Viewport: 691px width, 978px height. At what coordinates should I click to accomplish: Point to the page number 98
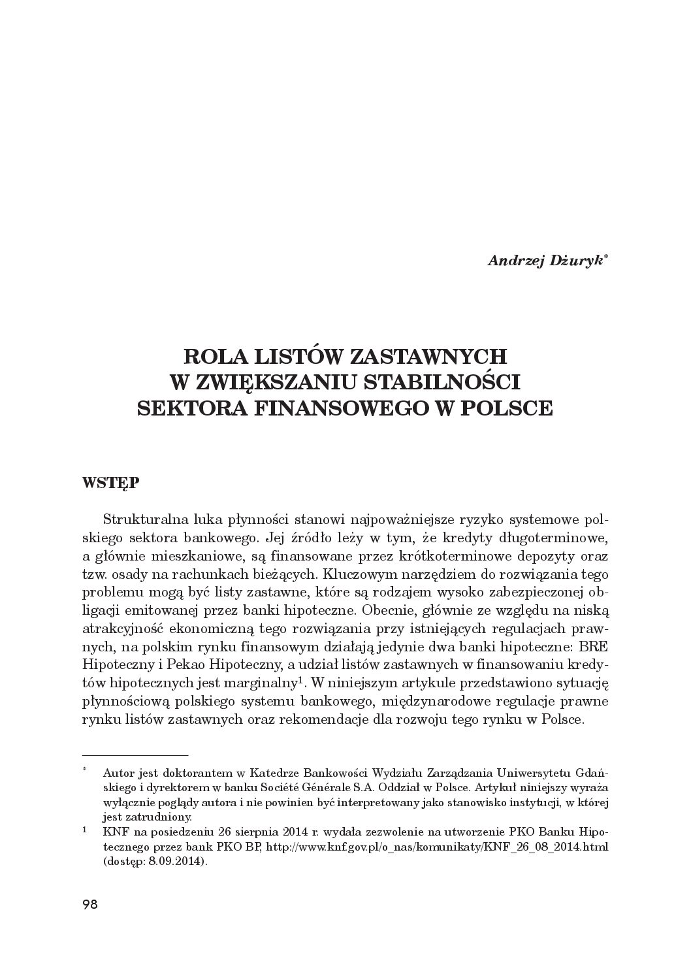tap(89, 904)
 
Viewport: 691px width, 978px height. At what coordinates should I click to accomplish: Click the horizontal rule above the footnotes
tap(135, 754)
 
